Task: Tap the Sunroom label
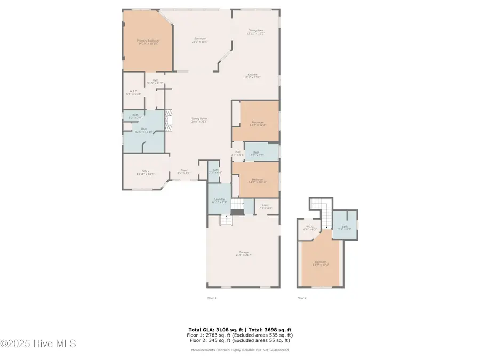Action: [200, 39]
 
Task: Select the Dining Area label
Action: [255, 31]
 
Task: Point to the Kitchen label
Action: [252, 75]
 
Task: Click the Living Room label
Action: [199, 119]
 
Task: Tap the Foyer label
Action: [184, 172]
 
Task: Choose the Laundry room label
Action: [219, 201]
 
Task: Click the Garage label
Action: [243, 253]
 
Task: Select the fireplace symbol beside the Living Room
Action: [170, 121]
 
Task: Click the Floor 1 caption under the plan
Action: [212, 298]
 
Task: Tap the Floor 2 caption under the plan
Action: [302, 298]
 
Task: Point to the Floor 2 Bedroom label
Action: [321, 263]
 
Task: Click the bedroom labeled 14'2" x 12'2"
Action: [258, 123]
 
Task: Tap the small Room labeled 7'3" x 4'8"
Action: [266, 207]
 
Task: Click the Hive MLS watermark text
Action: [38, 343]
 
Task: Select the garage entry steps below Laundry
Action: [225, 220]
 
